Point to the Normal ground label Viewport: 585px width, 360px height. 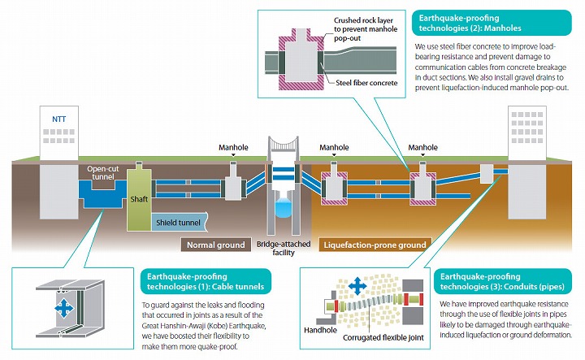click(217, 244)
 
